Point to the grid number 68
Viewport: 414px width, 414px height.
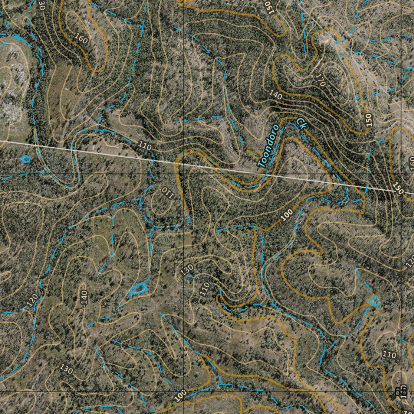coord(401,391)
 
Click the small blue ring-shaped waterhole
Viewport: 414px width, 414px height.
coord(26,159)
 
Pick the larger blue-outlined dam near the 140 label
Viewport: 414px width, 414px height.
coord(138,288)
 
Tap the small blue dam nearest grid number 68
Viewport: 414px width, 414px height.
coord(373,300)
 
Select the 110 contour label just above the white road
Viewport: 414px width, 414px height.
coord(144,146)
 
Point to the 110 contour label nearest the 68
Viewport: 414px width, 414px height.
coord(389,355)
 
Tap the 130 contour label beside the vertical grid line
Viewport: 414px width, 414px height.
coord(188,270)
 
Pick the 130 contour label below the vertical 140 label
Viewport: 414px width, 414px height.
coord(66,368)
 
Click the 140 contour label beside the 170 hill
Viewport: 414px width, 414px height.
coord(276,95)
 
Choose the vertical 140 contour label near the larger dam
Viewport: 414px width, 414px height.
coord(84,298)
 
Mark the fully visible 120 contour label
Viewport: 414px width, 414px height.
coord(32,300)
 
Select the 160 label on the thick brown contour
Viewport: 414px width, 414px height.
coord(81,38)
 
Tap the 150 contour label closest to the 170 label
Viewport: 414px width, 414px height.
coord(368,121)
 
